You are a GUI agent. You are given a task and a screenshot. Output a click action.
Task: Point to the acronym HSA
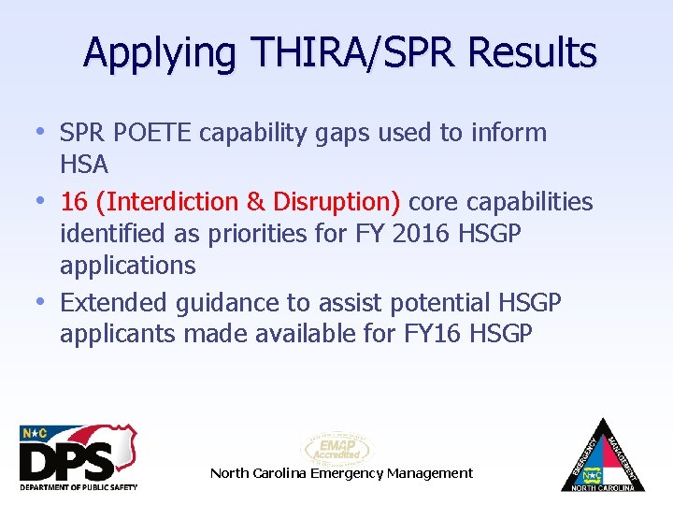tap(84, 165)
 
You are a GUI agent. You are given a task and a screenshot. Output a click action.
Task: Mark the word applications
tap(128, 266)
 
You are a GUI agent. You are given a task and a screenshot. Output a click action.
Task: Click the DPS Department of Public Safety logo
tap(79, 456)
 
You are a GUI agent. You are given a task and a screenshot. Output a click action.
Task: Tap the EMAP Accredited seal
tap(336, 448)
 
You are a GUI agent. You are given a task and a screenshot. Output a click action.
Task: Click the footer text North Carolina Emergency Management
tap(341, 473)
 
